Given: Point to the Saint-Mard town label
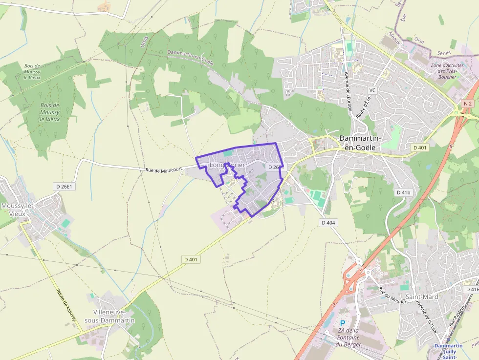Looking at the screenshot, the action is click(x=422, y=296).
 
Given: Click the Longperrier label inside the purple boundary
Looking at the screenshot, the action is click(x=227, y=166).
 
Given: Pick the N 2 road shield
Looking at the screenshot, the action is click(x=468, y=104).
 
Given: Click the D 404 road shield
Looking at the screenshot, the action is click(x=329, y=223).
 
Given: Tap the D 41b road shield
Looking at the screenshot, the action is click(x=403, y=192).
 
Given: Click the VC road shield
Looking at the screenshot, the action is click(x=372, y=90).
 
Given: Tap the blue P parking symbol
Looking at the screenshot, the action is click(x=342, y=323).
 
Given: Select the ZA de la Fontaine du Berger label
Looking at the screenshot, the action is click(x=349, y=338).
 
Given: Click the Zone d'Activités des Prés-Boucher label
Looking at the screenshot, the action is click(x=444, y=71).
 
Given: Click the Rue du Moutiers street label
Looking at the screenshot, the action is click(x=393, y=296).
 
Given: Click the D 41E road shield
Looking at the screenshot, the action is click(x=472, y=290).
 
